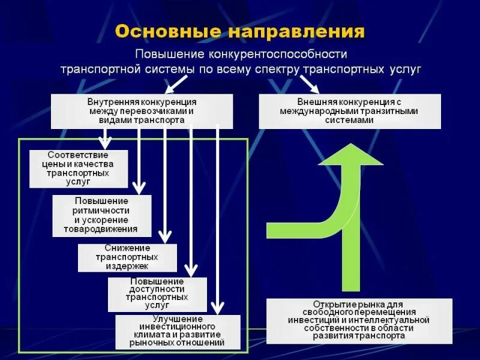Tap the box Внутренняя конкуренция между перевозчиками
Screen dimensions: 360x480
coord(142,111)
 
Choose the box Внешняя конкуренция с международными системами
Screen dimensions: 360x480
coord(350,111)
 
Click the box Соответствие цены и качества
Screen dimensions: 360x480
coord(79,169)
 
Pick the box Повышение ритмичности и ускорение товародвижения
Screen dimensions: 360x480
coord(101,215)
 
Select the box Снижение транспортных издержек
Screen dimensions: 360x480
coord(127,257)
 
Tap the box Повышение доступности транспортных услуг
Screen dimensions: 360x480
coord(157,294)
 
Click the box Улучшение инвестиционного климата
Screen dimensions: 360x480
coord(178,332)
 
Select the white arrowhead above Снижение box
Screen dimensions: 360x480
coord(165,236)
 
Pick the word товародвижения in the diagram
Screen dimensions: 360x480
coord(102,229)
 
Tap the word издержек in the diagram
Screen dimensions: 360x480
coord(127,266)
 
